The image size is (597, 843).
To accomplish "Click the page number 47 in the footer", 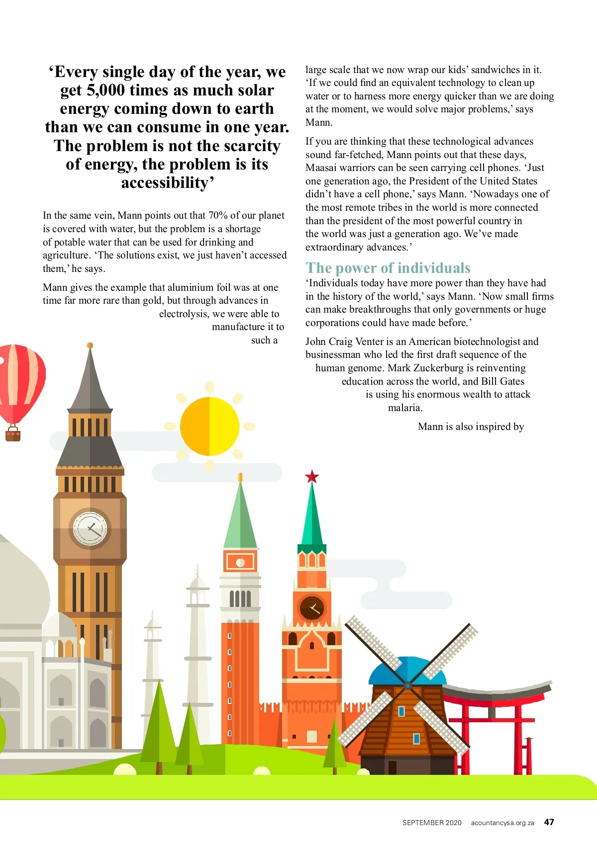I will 549,822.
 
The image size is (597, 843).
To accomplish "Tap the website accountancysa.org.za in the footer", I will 502,823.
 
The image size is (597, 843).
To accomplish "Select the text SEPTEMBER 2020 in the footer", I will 432,823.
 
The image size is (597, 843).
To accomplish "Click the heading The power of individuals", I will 388,268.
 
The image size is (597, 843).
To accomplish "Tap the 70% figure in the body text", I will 218,215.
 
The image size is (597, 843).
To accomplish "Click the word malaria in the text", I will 404,408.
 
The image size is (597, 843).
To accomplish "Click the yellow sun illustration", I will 209,426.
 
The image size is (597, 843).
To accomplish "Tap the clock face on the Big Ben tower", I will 90,528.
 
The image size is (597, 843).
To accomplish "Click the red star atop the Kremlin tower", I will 312,477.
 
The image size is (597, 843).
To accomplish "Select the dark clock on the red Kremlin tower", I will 312,607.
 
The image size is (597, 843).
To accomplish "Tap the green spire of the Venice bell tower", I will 240,517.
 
